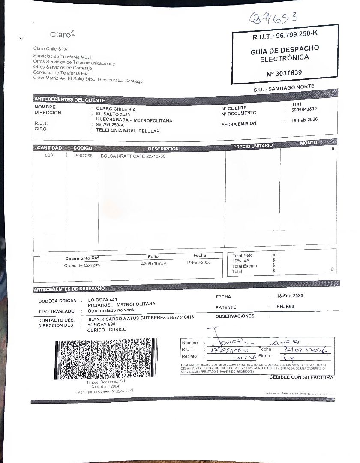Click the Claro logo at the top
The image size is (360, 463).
62,34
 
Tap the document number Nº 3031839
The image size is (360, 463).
284,73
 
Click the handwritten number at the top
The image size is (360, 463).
274,18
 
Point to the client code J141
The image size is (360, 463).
296,105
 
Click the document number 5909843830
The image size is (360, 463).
304,110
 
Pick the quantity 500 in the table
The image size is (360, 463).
49,156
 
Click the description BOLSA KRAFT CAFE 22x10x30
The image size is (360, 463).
133,156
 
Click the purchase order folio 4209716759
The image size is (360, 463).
153,263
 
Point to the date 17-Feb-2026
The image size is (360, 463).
198,262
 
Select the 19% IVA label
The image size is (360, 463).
241,261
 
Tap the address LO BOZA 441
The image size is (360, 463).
103,299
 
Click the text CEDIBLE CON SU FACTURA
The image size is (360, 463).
302,377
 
